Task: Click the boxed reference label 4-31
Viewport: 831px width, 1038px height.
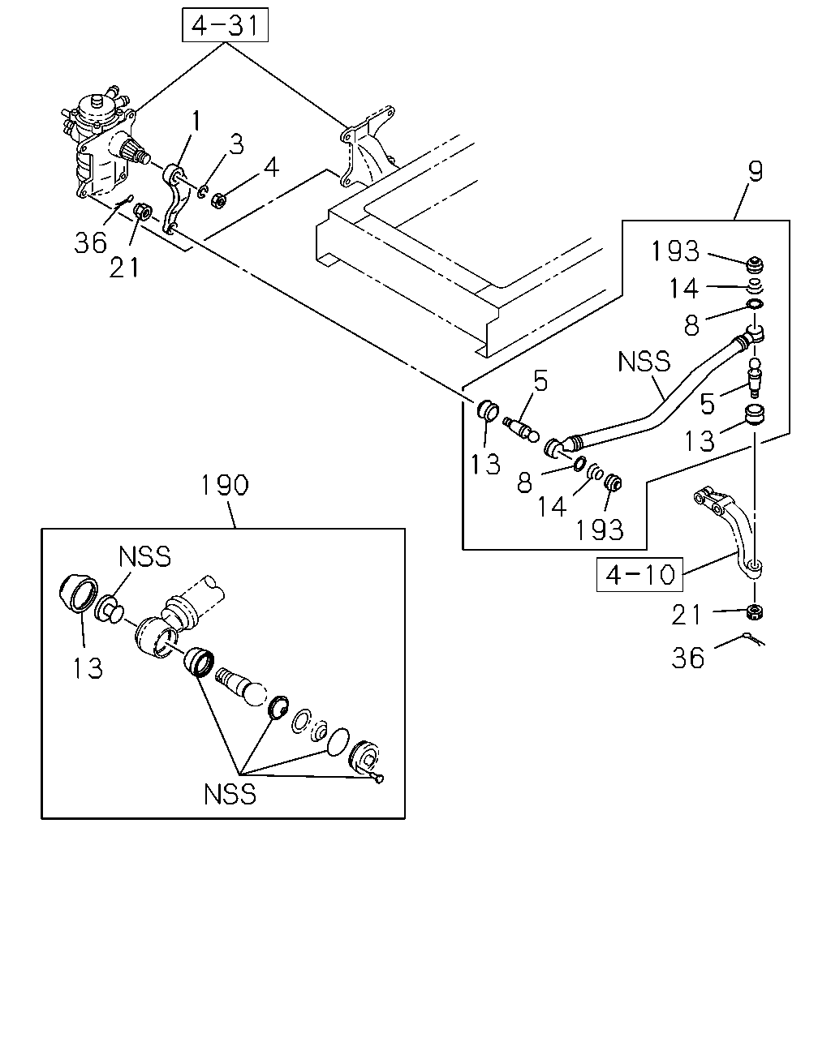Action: click(x=225, y=24)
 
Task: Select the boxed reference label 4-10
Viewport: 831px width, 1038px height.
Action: click(x=639, y=574)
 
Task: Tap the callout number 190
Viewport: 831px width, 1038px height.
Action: click(x=225, y=485)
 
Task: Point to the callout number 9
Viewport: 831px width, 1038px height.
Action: click(x=755, y=171)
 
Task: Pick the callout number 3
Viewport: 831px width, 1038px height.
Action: click(x=236, y=144)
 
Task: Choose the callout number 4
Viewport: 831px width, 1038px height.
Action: click(x=271, y=167)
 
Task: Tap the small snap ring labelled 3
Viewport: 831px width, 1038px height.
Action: click(x=202, y=192)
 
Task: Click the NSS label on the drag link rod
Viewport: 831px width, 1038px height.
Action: click(x=644, y=362)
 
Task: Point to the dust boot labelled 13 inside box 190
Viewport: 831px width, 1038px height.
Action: click(x=78, y=594)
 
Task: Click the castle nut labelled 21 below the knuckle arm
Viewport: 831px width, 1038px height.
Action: click(x=755, y=611)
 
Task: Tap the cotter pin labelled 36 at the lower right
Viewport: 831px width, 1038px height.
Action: click(x=754, y=639)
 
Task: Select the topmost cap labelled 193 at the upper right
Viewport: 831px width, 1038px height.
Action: click(x=755, y=265)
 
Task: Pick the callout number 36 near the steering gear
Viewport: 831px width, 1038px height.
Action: click(x=90, y=242)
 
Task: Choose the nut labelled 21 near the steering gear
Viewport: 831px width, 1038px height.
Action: click(x=143, y=211)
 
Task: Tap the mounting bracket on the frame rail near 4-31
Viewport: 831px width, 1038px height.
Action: click(x=369, y=146)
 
